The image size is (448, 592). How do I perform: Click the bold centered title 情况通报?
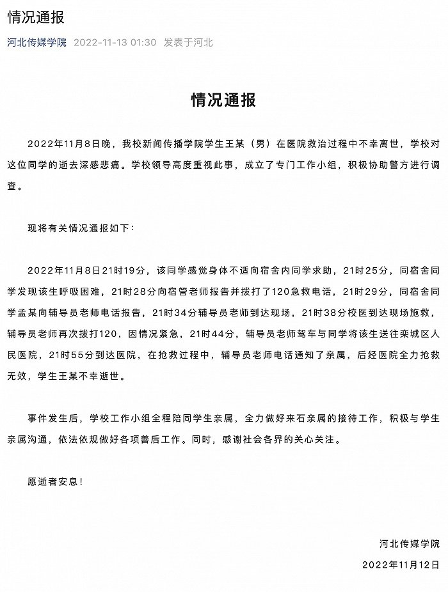(224, 100)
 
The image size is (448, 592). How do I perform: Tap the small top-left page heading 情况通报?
(36, 18)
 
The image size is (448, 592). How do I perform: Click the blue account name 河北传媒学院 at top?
(37, 43)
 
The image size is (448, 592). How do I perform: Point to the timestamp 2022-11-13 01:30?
(115, 43)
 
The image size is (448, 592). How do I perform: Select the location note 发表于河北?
(188, 43)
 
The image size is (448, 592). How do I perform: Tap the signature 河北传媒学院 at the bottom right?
(410, 544)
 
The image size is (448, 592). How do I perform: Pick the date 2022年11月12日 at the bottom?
(401, 565)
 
